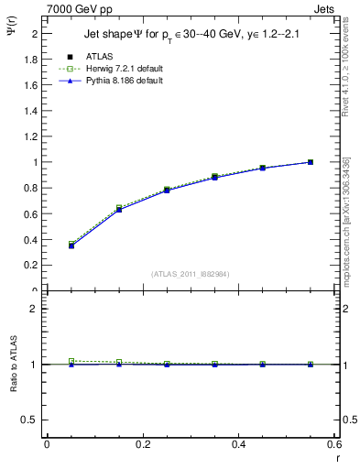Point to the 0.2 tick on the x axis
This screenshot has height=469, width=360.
(142, 444)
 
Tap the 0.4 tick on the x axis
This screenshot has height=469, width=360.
(238, 444)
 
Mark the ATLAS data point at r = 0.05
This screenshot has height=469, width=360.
(71, 245)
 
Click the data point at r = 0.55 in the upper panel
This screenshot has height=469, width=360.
(311, 162)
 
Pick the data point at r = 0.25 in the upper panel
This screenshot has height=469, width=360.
(167, 190)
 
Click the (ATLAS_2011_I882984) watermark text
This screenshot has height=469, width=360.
(191, 273)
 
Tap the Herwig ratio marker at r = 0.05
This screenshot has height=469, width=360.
(71, 361)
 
